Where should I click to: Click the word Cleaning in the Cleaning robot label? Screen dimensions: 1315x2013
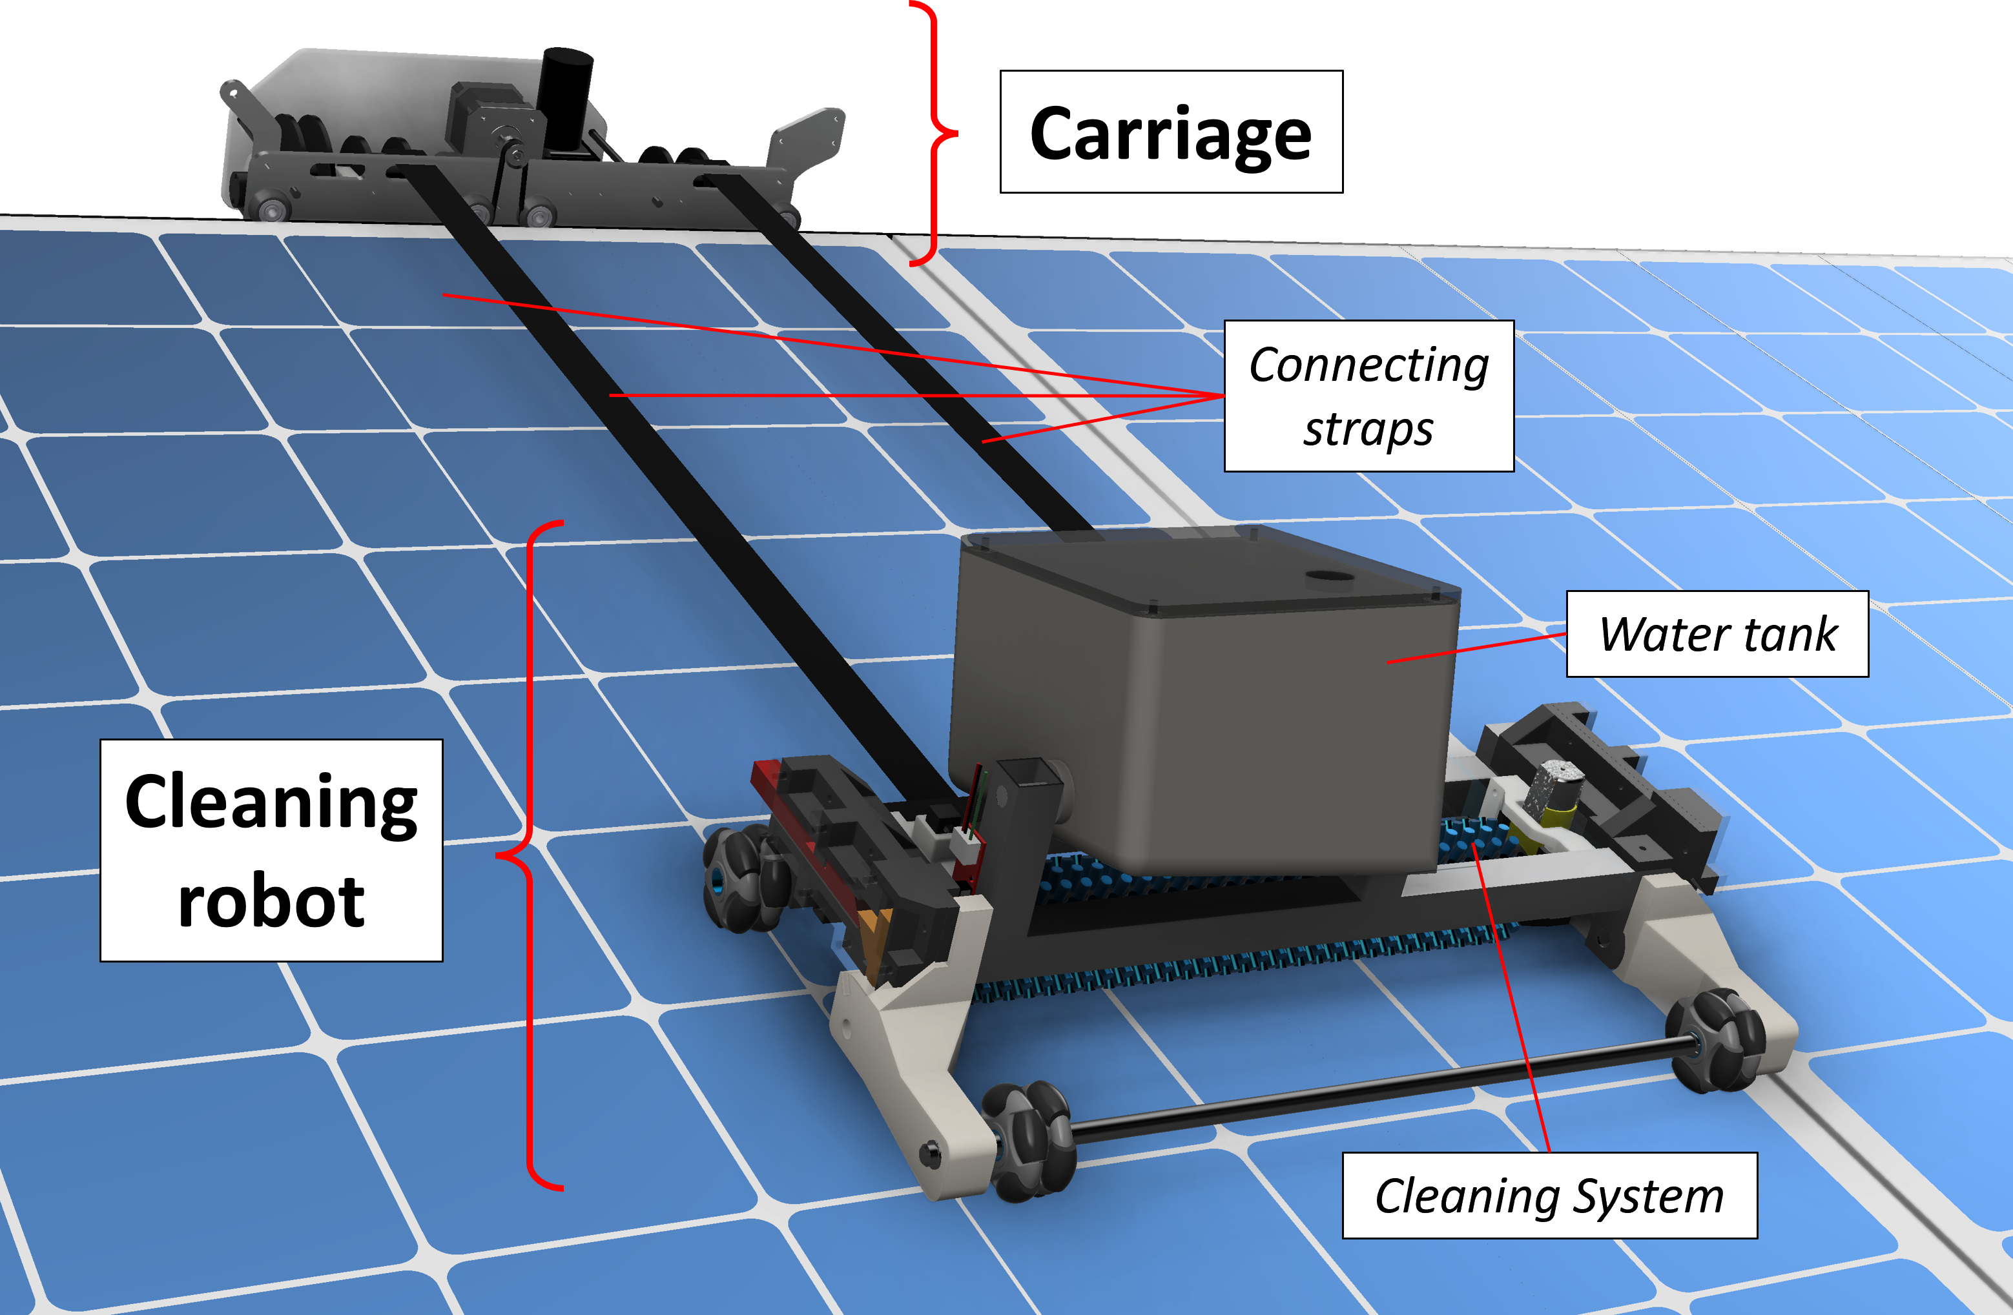[271, 803]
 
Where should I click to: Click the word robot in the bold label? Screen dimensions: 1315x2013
[271, 901]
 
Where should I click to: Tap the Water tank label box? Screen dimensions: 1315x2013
[1717, 634]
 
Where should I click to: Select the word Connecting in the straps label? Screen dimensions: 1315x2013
[1368, 365]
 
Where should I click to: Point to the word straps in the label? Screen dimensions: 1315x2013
[1368, 429]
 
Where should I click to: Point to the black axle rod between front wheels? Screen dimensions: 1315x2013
[1370, 1091]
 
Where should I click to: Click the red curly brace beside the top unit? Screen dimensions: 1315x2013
[934, 133]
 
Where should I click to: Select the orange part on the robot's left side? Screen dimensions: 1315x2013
[876, 939]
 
